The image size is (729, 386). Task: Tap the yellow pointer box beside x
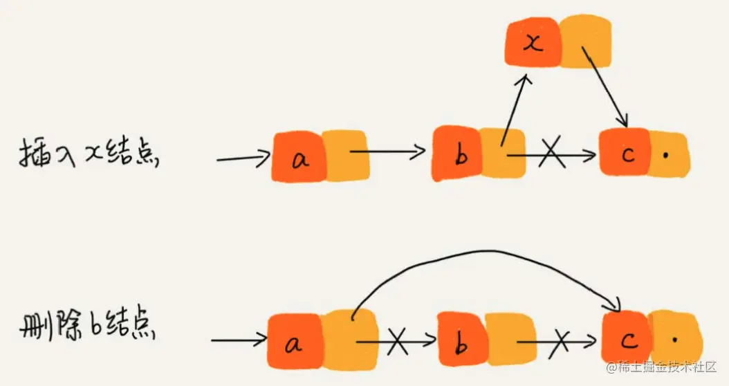click(585, 44)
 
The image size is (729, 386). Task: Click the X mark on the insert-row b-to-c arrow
click(551, 152)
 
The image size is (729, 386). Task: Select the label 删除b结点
click(86, 326)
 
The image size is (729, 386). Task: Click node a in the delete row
click(294, 340)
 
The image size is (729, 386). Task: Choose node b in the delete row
click(461, 338)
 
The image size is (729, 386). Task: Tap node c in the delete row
click(627, 337)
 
